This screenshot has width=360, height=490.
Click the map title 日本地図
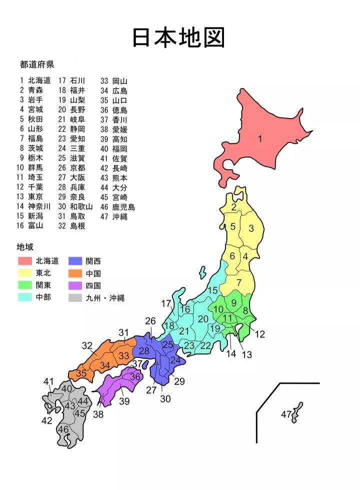coord(179,38)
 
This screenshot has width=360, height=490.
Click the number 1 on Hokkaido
coord(260,140)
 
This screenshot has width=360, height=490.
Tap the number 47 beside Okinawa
coord(285,415)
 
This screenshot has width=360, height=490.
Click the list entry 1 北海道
coord(35,80)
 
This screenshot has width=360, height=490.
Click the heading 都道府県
coord(37,65)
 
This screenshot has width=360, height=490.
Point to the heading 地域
coord(25,247)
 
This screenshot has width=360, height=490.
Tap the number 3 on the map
coord(251,229)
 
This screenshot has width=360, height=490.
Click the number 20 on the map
coord(203,319)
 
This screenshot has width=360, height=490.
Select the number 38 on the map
coord(98,414)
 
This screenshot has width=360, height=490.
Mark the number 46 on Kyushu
coord(63,429)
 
